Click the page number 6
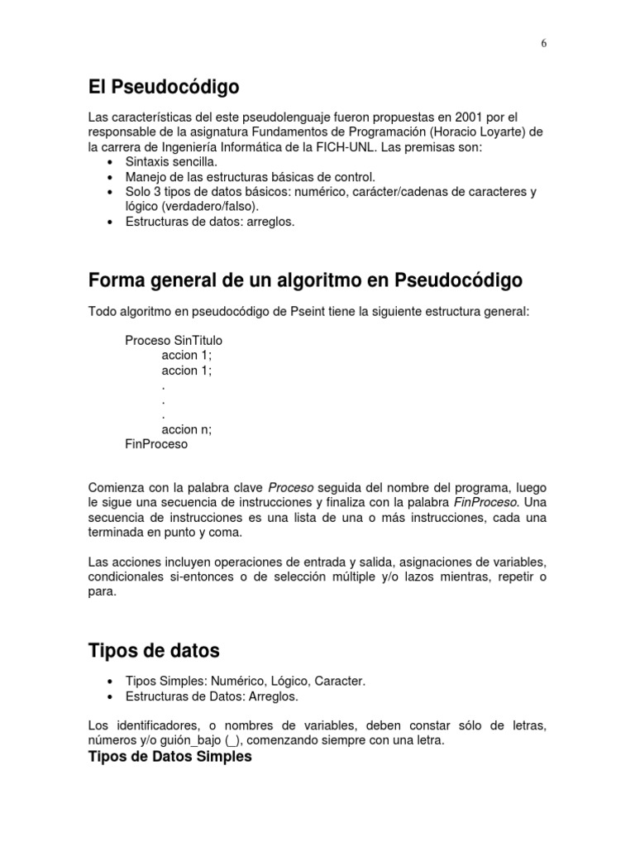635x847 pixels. [x=544, y=44]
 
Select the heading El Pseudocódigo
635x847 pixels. [x=164, y=86]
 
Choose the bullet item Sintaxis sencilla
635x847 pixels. [x=172, y=161]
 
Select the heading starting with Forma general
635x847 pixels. [x=305, y=280]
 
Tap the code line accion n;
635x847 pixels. [x=187, y=429]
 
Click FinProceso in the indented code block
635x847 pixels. [x=156, y=444]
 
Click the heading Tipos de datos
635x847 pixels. [x=154, y=651]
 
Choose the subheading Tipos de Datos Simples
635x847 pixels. [x=169, y=756]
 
